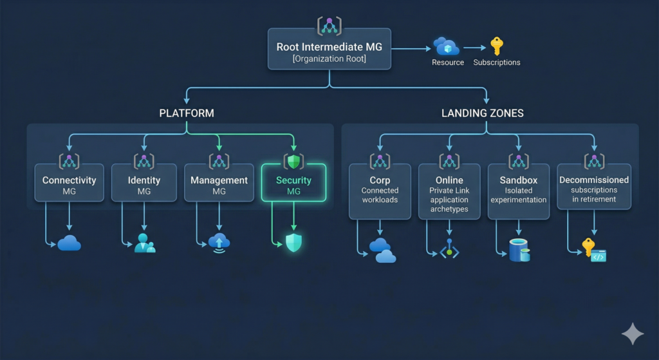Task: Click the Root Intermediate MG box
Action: [329, 52]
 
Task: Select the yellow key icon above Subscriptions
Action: [496, 46]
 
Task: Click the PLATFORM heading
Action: [187, 113]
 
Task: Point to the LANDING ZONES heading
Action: [482, 113]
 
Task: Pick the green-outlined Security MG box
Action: [293, 184]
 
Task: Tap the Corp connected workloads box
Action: [380, 191]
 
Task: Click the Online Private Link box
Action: [449, 191]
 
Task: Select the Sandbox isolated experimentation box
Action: [519, 190]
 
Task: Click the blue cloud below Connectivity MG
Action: [69, 243]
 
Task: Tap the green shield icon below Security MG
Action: [293, 243]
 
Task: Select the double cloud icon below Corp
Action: [382, 250]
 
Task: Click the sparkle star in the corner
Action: [632, 334]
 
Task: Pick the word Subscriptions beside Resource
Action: [496, 62]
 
